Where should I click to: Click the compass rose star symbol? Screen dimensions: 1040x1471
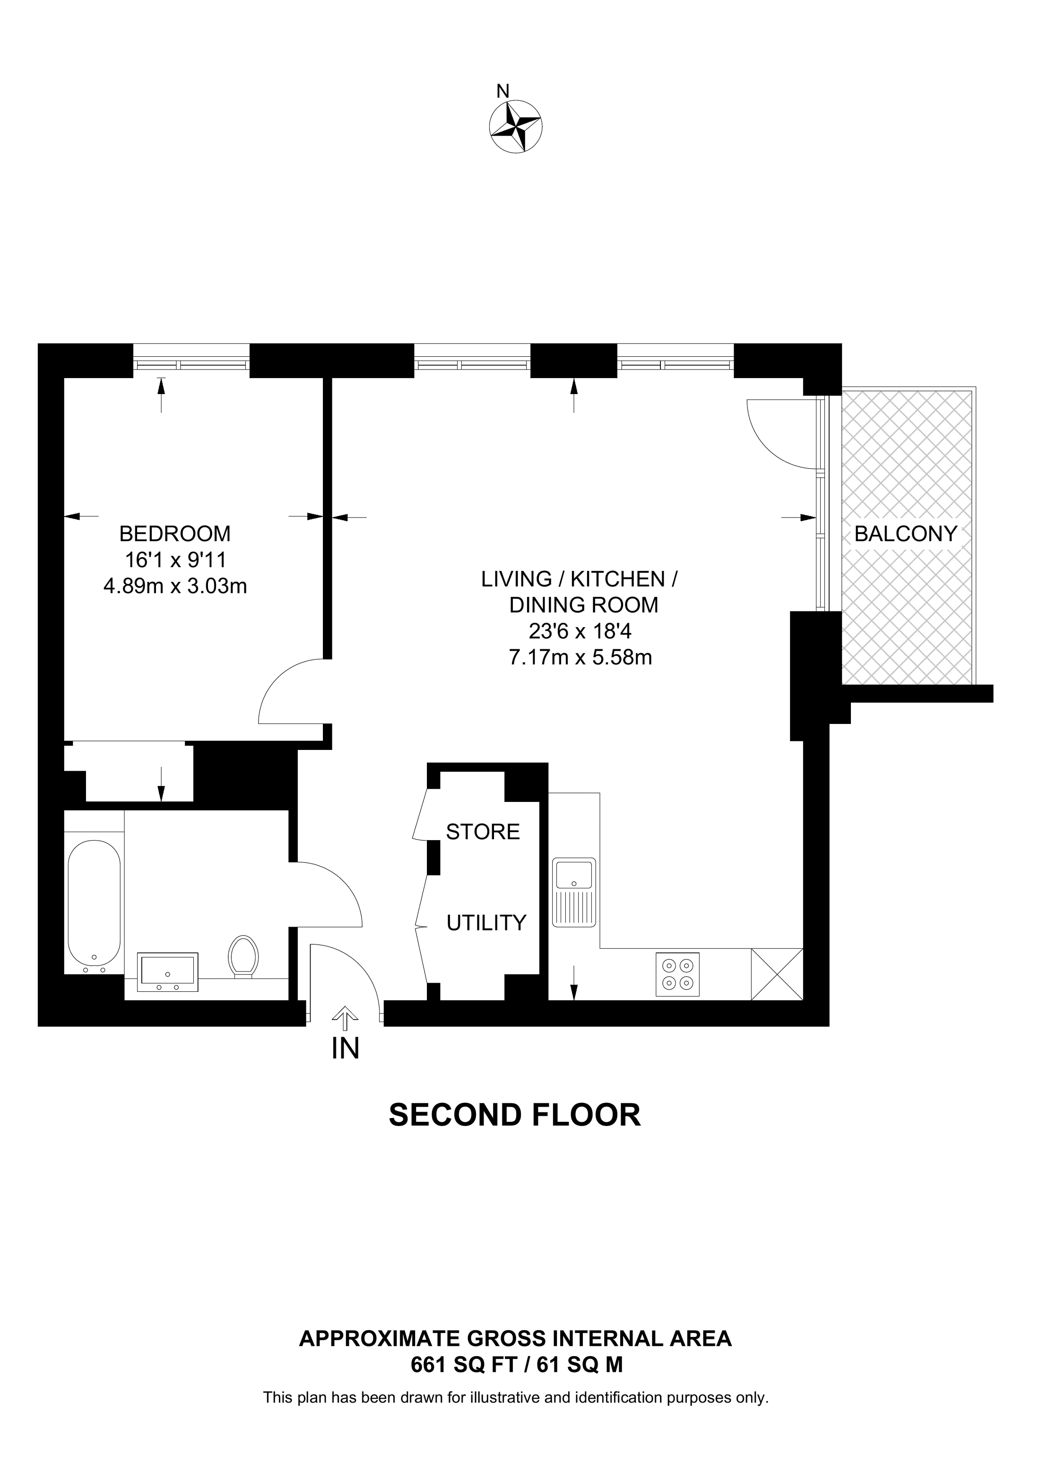[515, 126]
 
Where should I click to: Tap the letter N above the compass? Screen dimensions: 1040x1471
[503, 91]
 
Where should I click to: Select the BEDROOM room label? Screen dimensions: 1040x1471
[175, 533]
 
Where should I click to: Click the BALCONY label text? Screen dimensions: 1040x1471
[905, 533]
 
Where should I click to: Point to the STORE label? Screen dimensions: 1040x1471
[483, 832]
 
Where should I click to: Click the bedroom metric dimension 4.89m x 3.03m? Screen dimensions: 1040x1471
[175, 585]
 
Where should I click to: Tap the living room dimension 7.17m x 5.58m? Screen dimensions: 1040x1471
[580, 657]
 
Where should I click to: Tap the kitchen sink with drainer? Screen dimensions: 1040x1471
[575, 893]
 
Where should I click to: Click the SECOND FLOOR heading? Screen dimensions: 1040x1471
[514, 1116]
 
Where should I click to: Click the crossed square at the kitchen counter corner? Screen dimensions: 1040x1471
[777, 974]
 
